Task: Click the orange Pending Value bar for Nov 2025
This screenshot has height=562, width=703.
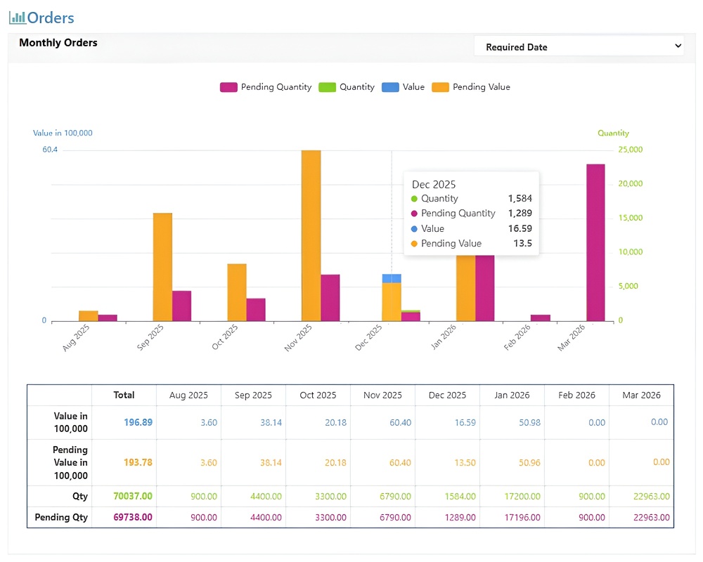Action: point(311,236)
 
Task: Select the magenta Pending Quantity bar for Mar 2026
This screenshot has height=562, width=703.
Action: point(596,242)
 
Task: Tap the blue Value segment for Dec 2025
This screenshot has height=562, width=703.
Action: point(392,278)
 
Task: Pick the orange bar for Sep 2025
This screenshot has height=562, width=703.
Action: point(163,267)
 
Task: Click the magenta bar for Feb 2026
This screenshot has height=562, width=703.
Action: point(540,318)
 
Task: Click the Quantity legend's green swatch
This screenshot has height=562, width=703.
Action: point(328,87)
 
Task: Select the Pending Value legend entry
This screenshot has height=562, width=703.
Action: point(471,87)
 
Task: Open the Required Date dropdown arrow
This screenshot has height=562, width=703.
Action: point(678,46)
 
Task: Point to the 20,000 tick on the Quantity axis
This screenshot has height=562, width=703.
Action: point(631,184)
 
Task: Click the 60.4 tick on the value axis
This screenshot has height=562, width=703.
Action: point(50,150)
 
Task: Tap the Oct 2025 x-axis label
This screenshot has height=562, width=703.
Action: point(225,336)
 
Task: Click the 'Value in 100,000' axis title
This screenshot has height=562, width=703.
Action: point(63,133)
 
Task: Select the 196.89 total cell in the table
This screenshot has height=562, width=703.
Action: point(138,422)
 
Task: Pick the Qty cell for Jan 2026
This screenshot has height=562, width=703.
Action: point(522,497)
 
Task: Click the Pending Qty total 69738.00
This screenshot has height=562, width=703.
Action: point(133,517)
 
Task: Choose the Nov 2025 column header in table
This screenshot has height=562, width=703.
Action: point(382,396)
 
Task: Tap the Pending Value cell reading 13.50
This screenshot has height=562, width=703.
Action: point(465,462)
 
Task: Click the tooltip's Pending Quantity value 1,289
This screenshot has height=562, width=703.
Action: point(520,214)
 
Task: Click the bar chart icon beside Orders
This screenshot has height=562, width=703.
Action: point(18,18)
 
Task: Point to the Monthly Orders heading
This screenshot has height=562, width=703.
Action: point(58,43)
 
